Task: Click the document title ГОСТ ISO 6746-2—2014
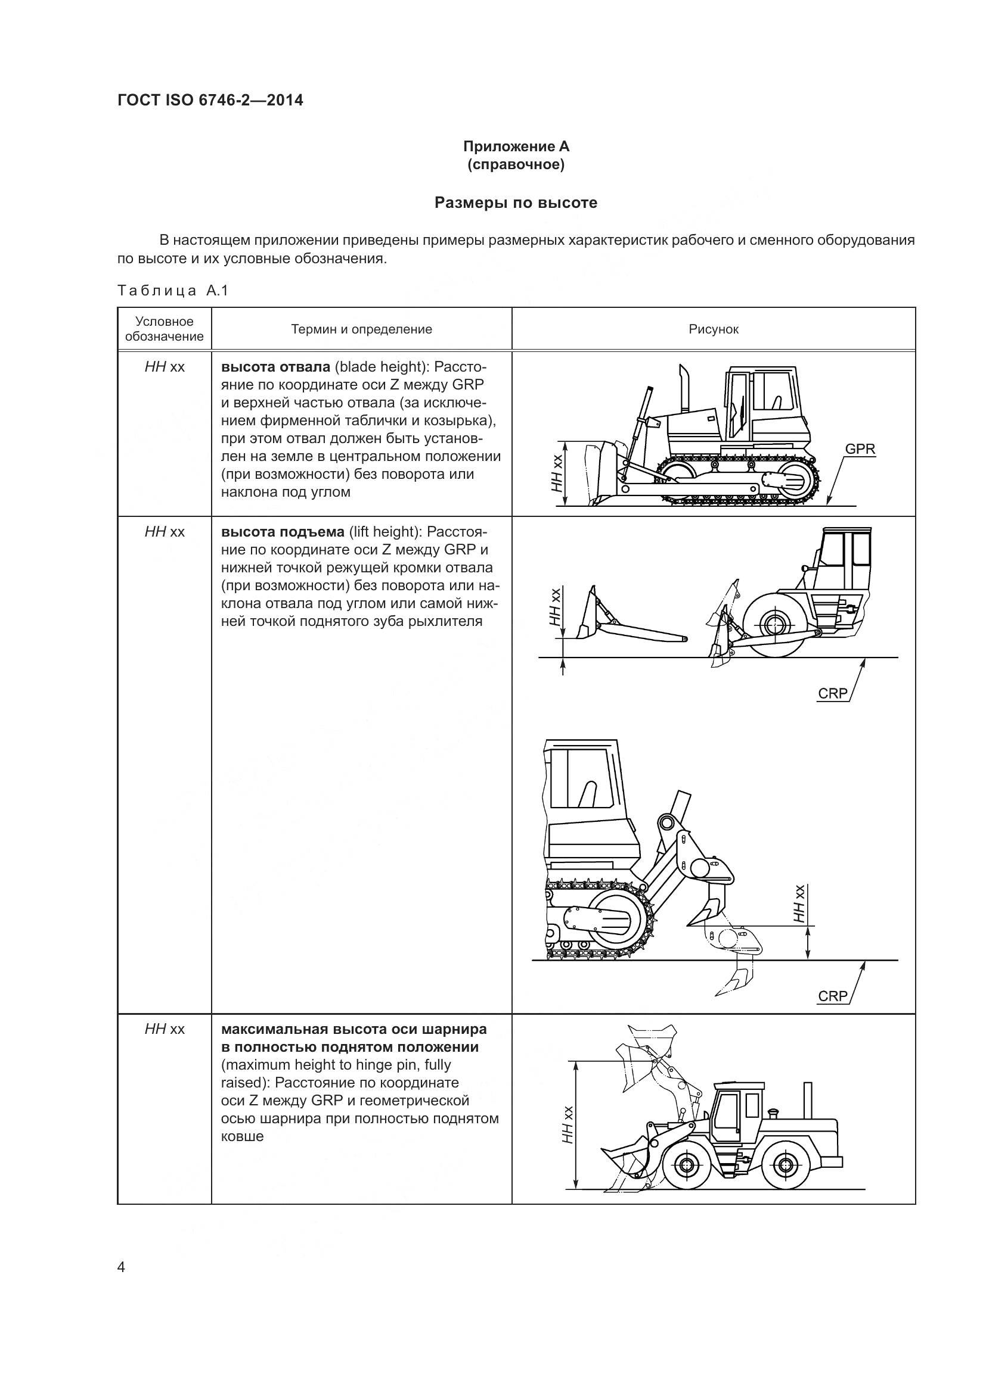pyautogui.click(x=210, y=100)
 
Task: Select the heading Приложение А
pyautogui.click(x=516, y=147)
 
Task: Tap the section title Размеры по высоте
pyautogui.click(x=516, y=202)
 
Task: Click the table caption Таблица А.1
pyautogui.click(x=173, y=291)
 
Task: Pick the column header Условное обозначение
pyautogui.click(x=164, y=329)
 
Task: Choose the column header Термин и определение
pyautogui.click(x=361, y=329)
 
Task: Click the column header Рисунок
pyautogui.click(x=714, y=329)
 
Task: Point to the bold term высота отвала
pyautogui.click(x=275, y=367)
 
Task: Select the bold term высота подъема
pyautogui.click(x=283, y=532)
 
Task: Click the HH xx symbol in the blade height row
pyautogui.click(x=164, y=367)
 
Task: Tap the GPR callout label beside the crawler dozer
pyautogui.click(x=860, y=449)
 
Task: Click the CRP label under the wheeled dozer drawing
pyautogui.click(x=832, y=693)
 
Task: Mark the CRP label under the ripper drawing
pyautogui.click(x=832, y=996)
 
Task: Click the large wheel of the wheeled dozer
pyautogui.click(x=775, y=625)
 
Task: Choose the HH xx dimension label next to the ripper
pyautogui.click(x=799, y=904)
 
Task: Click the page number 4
pyautogui.click(x=121, y=1267)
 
